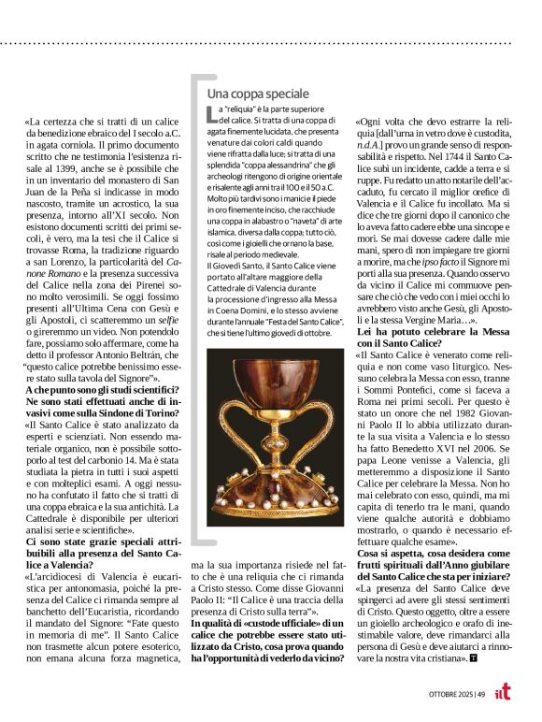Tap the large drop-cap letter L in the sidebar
tap(211, 115)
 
